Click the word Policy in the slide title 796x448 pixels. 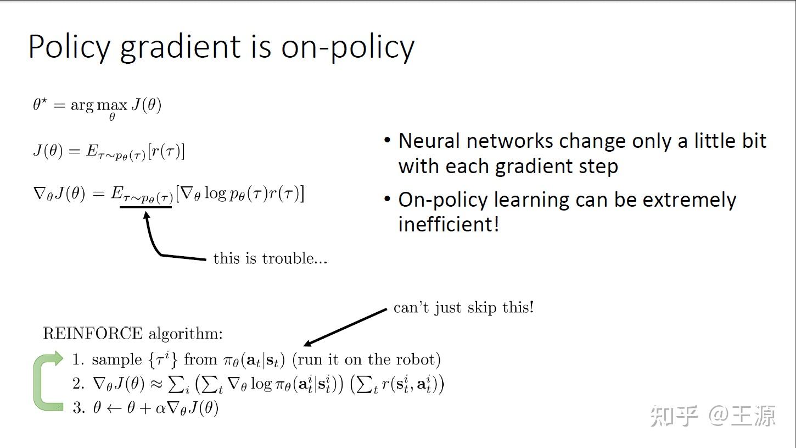click(69, 47)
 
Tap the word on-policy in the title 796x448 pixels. click(347, 47)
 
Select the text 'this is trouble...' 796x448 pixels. click(270, 258)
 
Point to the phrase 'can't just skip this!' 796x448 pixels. click(463, 307)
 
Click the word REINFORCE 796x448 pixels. click(92, 334)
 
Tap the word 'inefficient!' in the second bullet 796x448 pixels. click(449, 224)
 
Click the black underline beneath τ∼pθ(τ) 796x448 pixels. click(146, 207)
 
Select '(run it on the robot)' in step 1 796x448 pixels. click(366, 359)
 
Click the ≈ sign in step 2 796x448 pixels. click(156, 384)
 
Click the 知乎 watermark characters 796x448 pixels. click(674, 416)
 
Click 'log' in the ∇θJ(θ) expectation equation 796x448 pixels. click(216, 194)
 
